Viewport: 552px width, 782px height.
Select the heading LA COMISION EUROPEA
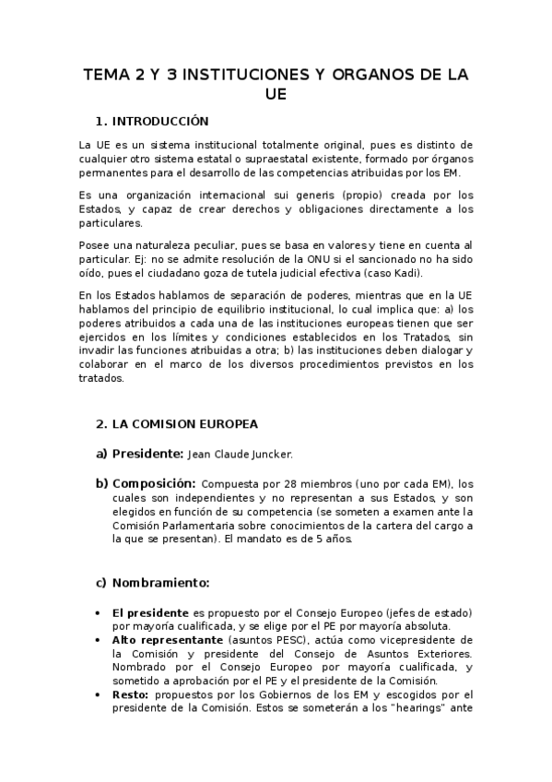(x=184, y=424)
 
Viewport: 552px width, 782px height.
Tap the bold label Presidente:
(x=146, y=454)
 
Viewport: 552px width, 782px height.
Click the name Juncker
(x=295, y=455)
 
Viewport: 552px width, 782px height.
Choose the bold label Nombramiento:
(x=160, y=583)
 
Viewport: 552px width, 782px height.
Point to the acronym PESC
(x=282, y=640)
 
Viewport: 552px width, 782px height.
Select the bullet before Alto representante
(x=99, y=640)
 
